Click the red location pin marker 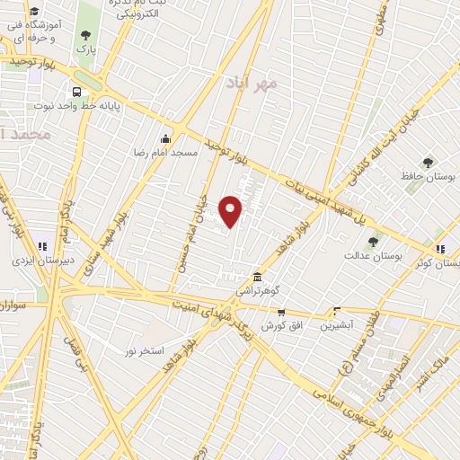(231, 210)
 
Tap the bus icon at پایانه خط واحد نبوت (76, 92)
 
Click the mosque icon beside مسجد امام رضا (164, 139)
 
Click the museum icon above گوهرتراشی (258, 276)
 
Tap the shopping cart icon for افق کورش (281, 311)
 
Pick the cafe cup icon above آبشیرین (337, 310)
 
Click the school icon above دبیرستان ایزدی (40, 246)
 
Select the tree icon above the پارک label (86, 35)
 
